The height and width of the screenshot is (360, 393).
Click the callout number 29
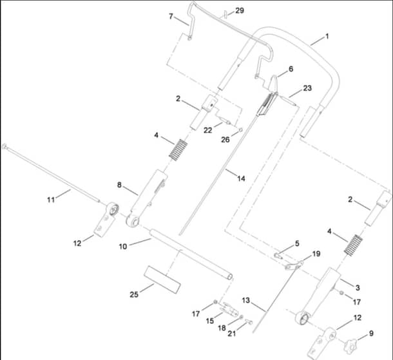pos(240,10)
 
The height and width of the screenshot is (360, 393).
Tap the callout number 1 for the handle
pos(327,36)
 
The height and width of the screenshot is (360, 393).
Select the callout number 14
pos(241,178)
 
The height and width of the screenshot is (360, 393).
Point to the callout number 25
pos(134,294)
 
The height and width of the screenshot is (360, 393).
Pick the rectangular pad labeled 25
pos(162,279)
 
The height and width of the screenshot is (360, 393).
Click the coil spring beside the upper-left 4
pos(178,149)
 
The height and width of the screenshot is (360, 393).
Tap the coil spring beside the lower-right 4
pos(354,245)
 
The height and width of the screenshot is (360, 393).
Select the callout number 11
pos(51,200)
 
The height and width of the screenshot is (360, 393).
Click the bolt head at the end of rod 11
pos(4,146)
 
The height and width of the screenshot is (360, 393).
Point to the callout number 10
pos(123,247)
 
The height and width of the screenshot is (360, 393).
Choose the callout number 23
pos(307,88)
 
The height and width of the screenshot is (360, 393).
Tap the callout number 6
pos(291,69)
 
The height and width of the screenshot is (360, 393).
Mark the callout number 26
pos(225,140)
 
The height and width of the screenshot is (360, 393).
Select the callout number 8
pos(119,185)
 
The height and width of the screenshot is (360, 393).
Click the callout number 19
pos(316,254)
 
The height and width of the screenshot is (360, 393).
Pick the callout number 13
pos(246,300)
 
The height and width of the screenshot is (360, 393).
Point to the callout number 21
pos(232,334)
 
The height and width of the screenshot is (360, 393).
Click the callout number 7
pos(171,16)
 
